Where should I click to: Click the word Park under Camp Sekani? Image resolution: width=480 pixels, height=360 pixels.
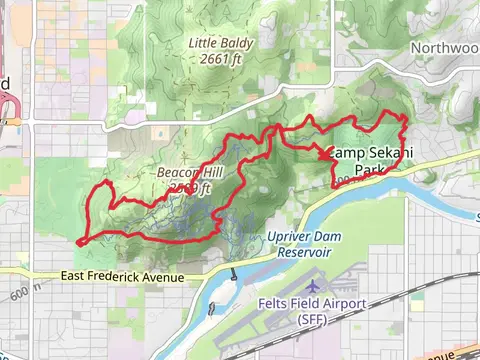(x=371, y=170)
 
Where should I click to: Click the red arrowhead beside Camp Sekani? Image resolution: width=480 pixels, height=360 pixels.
(x=328, y=153)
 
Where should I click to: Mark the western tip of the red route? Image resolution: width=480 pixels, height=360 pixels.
(x=78, y=241)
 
